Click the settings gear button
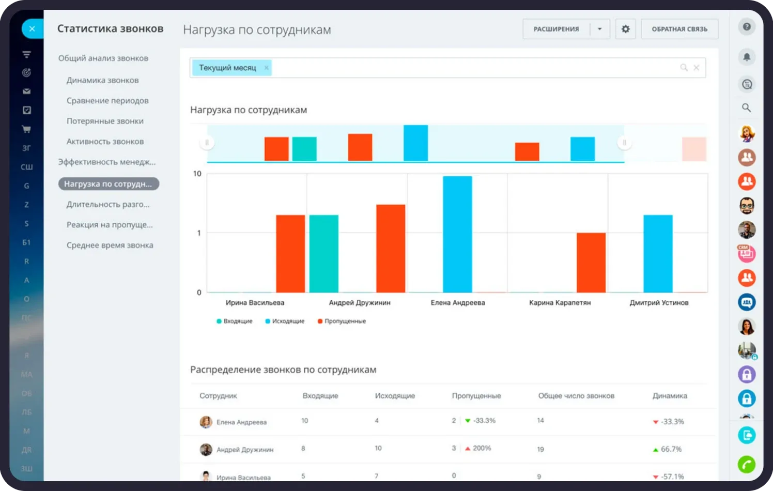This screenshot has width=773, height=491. tap(625, 29)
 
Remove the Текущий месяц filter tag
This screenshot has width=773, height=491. tap(267, 68)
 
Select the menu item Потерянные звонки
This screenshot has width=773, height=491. tap(105, 121)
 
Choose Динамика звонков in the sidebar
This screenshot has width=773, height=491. tap(102, 81)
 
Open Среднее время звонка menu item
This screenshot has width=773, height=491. tap(110, 245)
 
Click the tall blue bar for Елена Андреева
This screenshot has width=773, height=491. tap(457, 234)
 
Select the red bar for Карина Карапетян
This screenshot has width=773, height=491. tap(591, 263)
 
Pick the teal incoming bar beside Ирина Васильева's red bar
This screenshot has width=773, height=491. tap(323, 254)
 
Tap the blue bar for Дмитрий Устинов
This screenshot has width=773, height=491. tap(658, 254)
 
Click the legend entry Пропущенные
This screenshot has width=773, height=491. tap(342, 321)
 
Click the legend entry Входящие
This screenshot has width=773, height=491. tap(234, 321)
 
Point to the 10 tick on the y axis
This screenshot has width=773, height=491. tap(197, 174)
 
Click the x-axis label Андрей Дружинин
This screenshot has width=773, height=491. tap(360, 302)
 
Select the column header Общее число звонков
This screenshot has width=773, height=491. tap(576, 396)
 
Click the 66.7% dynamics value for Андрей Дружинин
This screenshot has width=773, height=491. tap(671, 449)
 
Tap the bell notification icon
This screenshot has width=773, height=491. tap(747, 57)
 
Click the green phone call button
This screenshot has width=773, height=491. tap(747, 465)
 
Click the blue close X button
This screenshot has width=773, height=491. tap(32, 28)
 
